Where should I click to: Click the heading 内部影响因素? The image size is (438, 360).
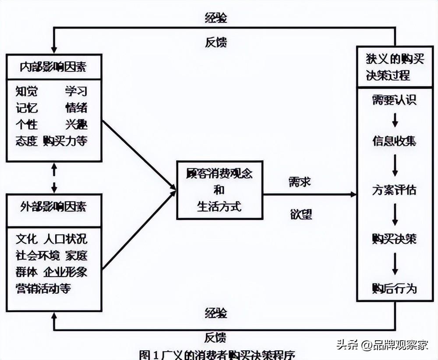pos(53,67)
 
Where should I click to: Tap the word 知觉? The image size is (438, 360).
pos(27,92)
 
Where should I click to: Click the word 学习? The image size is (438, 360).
pos(76,92)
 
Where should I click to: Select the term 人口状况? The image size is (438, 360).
pos(65,239)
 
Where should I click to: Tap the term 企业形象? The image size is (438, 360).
pos(65,272)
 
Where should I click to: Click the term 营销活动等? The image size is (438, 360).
pos(43,289)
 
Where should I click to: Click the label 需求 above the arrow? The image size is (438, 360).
pos(300,181)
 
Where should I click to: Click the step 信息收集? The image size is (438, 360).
pos(394,141)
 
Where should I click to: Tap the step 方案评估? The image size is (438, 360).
pos(394,190)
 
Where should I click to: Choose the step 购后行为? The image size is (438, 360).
pos(394,289)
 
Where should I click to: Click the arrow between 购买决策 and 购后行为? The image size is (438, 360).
pos(395,264)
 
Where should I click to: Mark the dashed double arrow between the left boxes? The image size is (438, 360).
pos(54,178)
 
